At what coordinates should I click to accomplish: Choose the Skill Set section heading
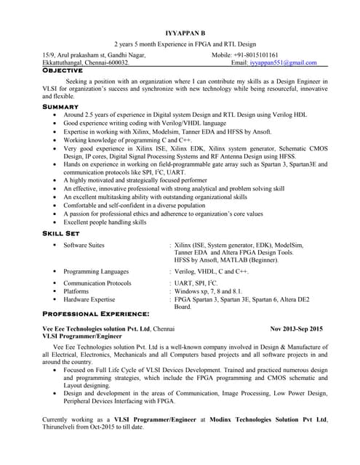65,233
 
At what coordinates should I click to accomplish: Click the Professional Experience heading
96,314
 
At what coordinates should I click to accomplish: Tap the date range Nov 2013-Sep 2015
298,329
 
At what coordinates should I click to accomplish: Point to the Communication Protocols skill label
97,283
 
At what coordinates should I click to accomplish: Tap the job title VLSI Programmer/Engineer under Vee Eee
83,337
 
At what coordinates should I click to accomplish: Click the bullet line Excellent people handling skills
110,222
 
